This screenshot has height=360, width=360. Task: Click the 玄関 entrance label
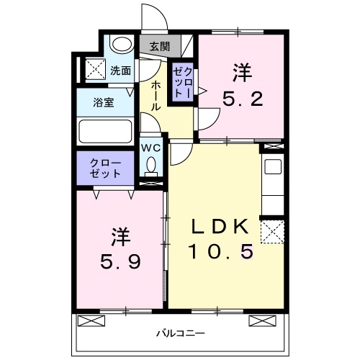point(160,47)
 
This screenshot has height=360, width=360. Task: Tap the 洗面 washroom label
point(121,71)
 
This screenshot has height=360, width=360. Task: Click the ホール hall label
point(156,95)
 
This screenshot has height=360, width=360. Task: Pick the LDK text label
point(221,227)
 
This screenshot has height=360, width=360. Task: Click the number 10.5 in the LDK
point(221,251)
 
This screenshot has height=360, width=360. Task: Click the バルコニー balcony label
point(181,334)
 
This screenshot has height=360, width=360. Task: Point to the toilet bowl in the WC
point(150,166)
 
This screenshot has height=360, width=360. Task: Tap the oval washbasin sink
point(123,45)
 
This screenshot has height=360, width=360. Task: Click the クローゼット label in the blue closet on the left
point(105,168)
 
